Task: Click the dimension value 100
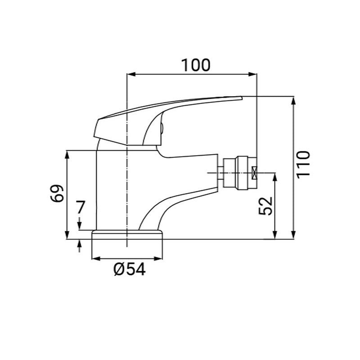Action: (196, 65)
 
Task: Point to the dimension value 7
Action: (80, 208)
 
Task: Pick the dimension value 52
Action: (266, 206)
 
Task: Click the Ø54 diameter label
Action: (130, 270)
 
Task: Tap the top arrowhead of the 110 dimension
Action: (293, 100)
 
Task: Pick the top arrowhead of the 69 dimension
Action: (67, 154)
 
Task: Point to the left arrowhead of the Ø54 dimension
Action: (95, 259)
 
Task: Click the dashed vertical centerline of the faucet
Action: (128, 189)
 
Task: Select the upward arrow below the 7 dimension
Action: (80, 245)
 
